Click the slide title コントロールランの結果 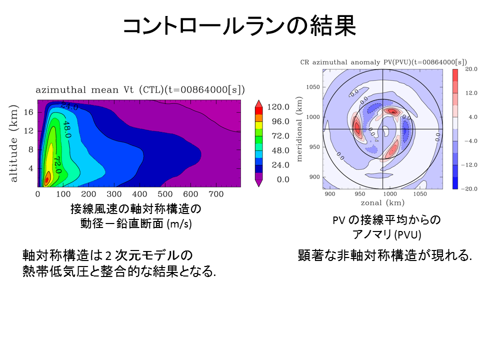239,26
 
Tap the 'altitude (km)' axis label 14,144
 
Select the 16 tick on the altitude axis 28,112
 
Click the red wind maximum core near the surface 47,177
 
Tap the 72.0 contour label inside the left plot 56,164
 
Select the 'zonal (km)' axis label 382,203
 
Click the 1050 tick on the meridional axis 312,87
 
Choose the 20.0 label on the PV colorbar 471,69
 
